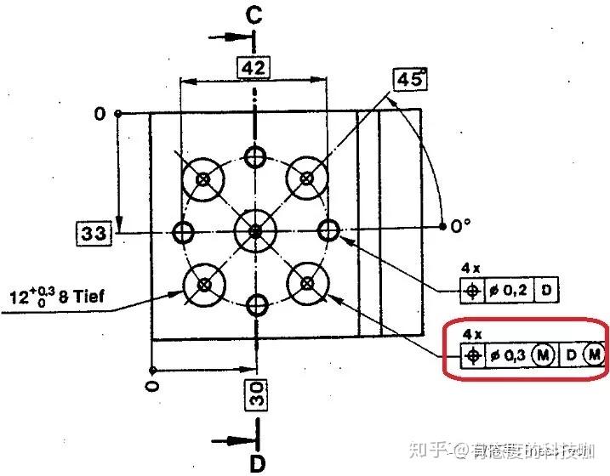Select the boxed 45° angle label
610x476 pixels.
(410, 79)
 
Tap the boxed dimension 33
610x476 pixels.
(94, 231)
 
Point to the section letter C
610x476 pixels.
(254, 14)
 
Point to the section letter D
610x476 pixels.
(255, 462)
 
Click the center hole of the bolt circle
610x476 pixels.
(255, 230)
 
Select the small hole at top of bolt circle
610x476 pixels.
(255, 155)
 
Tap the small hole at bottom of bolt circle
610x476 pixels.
(255, 305)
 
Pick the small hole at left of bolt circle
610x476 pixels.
(181, 230)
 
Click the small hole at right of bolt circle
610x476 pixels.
(329, 229)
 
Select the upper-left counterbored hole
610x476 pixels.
(203, 178)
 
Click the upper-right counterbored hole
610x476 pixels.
(307, 178)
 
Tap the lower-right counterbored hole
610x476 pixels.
(307, 283)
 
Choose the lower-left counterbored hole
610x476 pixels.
(203, 283)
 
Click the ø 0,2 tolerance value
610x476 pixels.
(510, 291)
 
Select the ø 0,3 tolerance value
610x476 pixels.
(509, 354)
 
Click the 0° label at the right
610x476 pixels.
(460, 226)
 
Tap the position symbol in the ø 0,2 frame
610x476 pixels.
(472, 291)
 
